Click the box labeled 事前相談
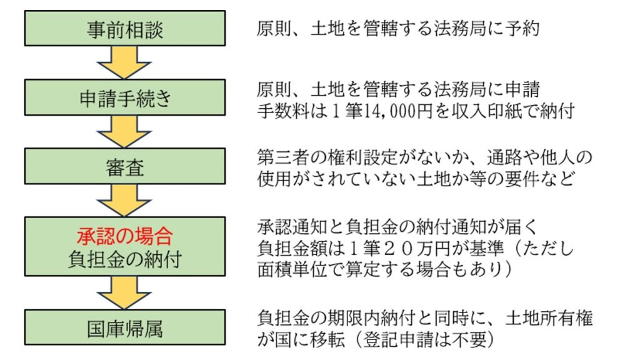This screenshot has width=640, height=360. pos(125,28)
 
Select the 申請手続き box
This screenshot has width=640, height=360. pos(125,97)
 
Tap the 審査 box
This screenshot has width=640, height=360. pos(125,166)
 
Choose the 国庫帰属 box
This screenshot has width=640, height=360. pos(125,327)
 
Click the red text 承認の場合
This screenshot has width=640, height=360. pos(125,236)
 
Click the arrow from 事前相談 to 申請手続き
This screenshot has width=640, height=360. pos(124,62)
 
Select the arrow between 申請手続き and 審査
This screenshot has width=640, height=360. pos(124,131)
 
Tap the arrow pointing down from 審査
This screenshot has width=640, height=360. pos(124,200)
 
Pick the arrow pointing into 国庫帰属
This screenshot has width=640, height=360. pos(124,292)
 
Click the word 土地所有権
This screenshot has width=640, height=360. pos(549,318)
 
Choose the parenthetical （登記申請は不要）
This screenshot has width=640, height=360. pos(424,339)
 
